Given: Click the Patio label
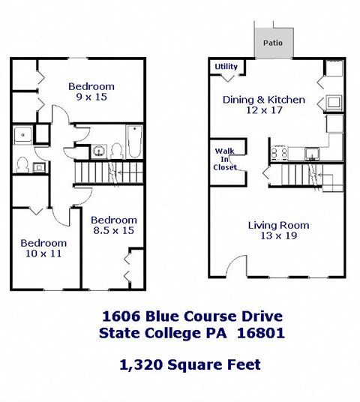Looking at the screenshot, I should [272, 43].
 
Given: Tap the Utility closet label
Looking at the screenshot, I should [226, 67].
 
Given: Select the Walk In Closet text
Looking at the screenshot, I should [225, 158].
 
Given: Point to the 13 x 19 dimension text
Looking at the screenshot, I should [278, 237].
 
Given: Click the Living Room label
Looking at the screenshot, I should [278, 225].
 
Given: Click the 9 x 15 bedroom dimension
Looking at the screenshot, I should [91, 97].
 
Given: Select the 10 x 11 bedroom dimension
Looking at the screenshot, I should [43, 255].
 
